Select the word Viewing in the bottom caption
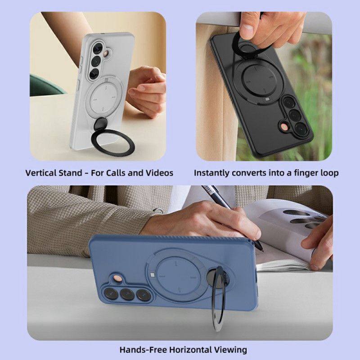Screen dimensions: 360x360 pos(230,349)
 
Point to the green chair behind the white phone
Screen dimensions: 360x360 pos(45,85)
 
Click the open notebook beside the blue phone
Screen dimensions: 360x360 pos(288,234)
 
